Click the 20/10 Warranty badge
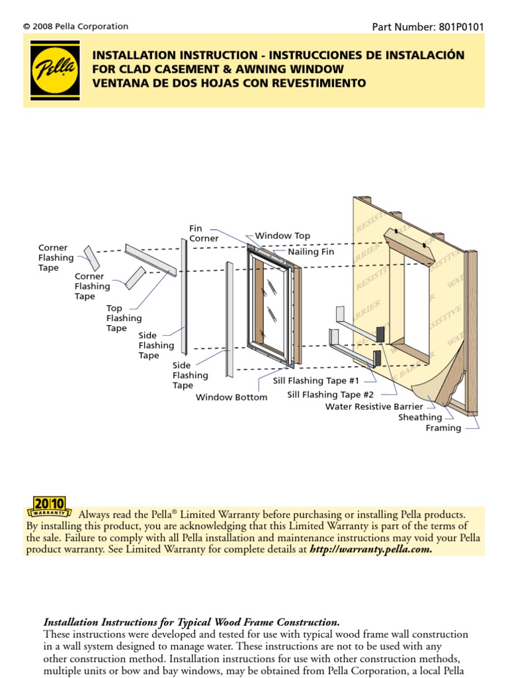(x=50, y=506)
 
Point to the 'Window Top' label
(x=282, y=236)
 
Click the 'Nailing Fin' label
(x=311, y=252)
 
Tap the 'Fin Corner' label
(x=204, y=234)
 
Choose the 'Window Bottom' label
(x=232, y=397)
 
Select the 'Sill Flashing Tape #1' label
(x=316, y=381)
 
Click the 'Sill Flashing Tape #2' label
(x=331, y=395)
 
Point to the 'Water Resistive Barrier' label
(x=374, y=407)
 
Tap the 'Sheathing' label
(x=420, y=417)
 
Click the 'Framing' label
(x=443, y=428)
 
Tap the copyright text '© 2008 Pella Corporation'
(x=75, y=26)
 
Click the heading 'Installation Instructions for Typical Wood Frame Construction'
(x=191, y=622)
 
